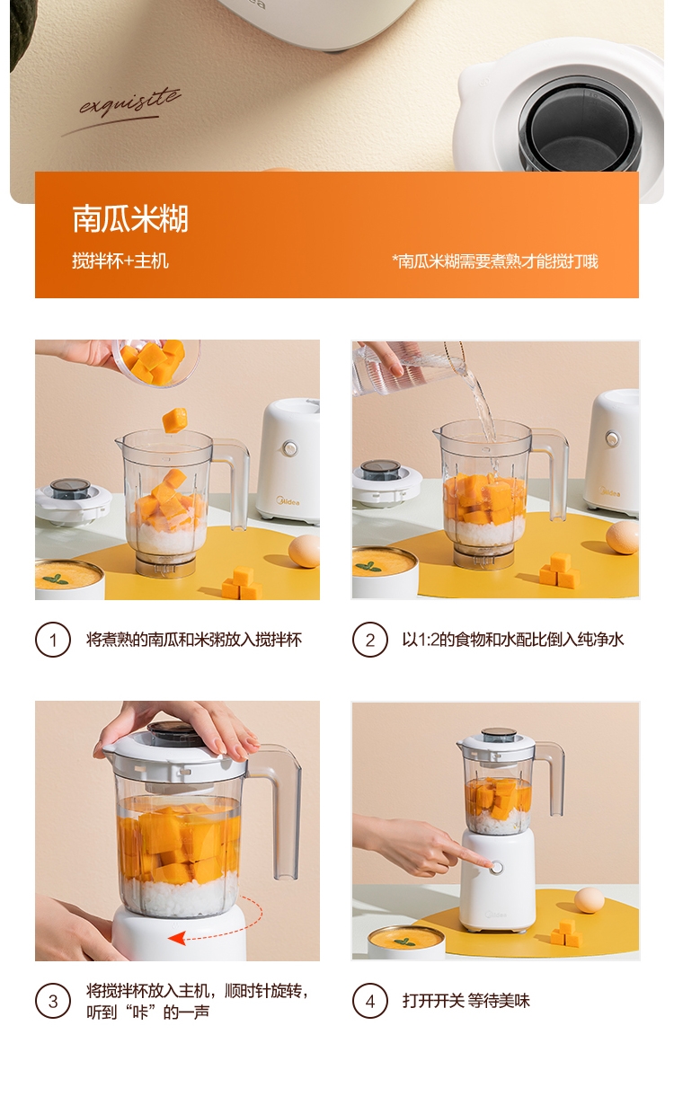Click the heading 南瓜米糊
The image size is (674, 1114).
pyautogui.click(x=130, y=218)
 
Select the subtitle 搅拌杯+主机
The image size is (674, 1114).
pyautogui.click(x=120, y=261)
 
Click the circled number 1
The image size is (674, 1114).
pyautogui.click(x=53, y=640)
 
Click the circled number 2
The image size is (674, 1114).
pyautogui.click(x=369, y=640)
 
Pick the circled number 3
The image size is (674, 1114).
pyautogui.click(x=53, y=1001)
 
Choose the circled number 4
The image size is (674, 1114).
pyautogui.click(x=369, y=1001)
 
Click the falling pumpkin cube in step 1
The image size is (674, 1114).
pyautogui.click(x=174, y=420)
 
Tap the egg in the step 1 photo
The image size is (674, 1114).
pyautogui.click(x=304, y=551)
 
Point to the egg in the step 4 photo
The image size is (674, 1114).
pyautogui.click(x=590, y=900)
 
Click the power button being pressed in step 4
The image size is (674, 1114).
pyautogui.click(x=496, y=868)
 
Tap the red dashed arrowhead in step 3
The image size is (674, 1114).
pyautogui.click(x=176, y=939)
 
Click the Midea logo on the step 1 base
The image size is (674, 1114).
pyautogui.click(x=288, y=502)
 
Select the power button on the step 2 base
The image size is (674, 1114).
pyautogui.click(x=612, y=438)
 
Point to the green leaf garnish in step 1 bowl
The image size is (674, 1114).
pyautogui.click(x=55, y=579)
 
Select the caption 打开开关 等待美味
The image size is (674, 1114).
pyautogui.click(x=466, y=1001)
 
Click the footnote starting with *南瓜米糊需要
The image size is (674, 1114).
pyautogui.click(x=495, y=261)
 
